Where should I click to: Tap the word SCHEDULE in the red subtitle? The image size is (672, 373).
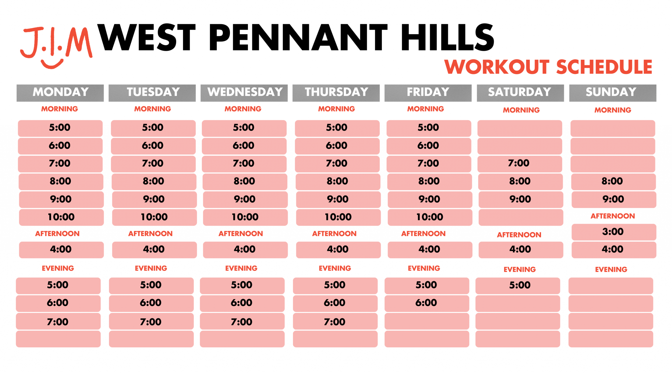coord(604,67)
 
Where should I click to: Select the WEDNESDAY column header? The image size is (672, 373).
coord(244,93)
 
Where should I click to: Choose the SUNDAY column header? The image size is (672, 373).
coord(612,93)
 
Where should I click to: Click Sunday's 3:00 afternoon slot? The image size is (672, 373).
coord(614,232)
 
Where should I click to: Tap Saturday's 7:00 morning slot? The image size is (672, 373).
coord(519,164)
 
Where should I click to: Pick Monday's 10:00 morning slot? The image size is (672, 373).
coord(61,217)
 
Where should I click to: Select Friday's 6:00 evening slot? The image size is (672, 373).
coord(427,303)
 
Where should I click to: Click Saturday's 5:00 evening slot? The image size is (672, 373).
coord(517,285)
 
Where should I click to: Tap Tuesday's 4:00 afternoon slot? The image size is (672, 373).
coord(154,250)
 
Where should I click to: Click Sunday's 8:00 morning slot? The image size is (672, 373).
coord(613,182)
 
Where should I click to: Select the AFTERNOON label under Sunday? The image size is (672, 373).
coord(612,216)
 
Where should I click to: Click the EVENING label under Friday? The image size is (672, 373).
coord(424,268)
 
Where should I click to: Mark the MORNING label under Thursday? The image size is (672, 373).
coord(336,109)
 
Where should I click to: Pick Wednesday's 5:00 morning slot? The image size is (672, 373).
coord(244,128)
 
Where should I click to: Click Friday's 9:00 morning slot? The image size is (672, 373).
coord(430,199)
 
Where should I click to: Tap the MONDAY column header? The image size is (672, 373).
coord(60,93)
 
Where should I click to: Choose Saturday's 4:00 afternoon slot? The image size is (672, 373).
coord(521,250)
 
